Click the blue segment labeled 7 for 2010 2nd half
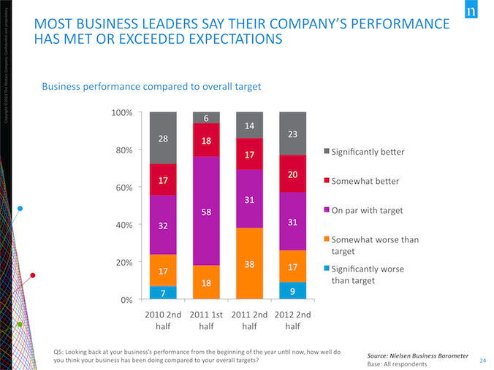click(163, 292)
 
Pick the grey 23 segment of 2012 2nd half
click(292, 134)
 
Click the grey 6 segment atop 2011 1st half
click(206, 117)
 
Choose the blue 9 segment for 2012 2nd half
click(292, 291)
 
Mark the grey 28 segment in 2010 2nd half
click(163, 138)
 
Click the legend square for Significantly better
click(325, 152)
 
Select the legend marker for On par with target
click(325, 211)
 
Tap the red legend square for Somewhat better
click(325, 180)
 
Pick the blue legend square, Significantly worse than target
click(325, 268)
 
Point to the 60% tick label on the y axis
click(122, 188)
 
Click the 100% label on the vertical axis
click(121, 113)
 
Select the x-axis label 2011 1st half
click(206, 320)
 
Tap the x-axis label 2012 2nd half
click(292, 320)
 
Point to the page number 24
click(483, 360)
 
